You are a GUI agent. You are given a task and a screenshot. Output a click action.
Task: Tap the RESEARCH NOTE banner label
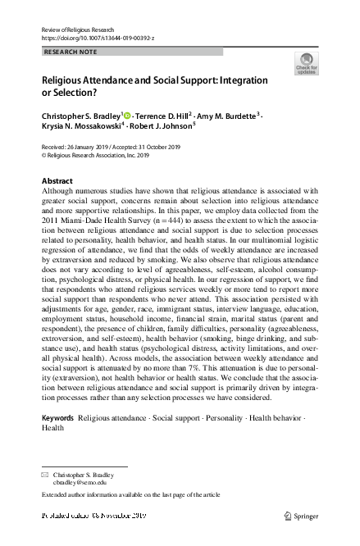click(x=70, y=52)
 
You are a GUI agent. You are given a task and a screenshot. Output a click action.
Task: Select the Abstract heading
click(x=57, y=180)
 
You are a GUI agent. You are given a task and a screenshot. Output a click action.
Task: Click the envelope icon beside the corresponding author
click(x=44, y=475)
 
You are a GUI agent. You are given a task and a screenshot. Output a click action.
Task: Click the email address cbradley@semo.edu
click(x=80, y=483)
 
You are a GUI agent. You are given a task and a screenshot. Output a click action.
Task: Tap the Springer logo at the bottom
click(x=301, y=515)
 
